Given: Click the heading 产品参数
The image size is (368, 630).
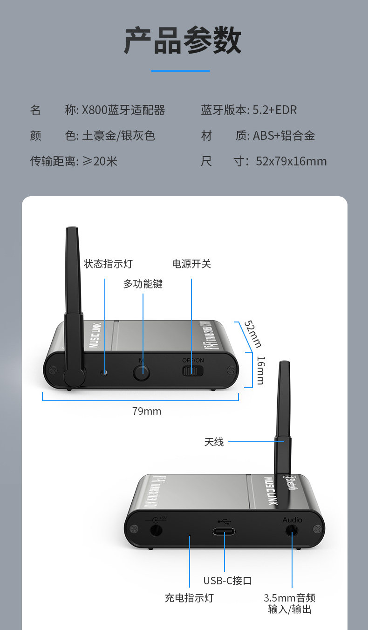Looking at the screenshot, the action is [183, 41].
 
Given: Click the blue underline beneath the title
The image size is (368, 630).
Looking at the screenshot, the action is [180, 71].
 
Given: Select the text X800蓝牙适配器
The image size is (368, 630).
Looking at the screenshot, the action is [123, 110].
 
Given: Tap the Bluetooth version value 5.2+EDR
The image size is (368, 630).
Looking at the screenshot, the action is [275, 110].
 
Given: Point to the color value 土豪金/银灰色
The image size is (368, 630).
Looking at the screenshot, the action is [118, 136].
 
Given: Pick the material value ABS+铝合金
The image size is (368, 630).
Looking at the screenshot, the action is [284, 136].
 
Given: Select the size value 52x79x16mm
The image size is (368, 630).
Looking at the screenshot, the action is [292, 162].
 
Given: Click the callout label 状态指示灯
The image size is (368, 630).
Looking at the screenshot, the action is [108, 264].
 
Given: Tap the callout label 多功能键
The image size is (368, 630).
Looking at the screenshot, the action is [143, 284].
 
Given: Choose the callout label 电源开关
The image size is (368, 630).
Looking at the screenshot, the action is [191, 264].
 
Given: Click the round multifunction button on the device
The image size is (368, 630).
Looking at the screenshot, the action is [142, 372].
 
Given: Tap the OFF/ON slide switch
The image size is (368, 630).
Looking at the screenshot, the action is [192, 371].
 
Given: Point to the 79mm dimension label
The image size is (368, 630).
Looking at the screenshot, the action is [147, 411].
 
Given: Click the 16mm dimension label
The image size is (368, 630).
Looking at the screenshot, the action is [260, 370].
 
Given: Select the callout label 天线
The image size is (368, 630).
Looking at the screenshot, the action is [214, 442].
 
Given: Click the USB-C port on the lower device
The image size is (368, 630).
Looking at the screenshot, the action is [224, 532].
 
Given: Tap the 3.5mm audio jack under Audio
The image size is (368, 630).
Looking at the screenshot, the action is [293, 530].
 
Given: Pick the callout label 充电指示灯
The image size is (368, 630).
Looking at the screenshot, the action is [189, 598].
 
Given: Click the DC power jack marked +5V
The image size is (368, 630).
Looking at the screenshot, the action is [156, 530].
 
